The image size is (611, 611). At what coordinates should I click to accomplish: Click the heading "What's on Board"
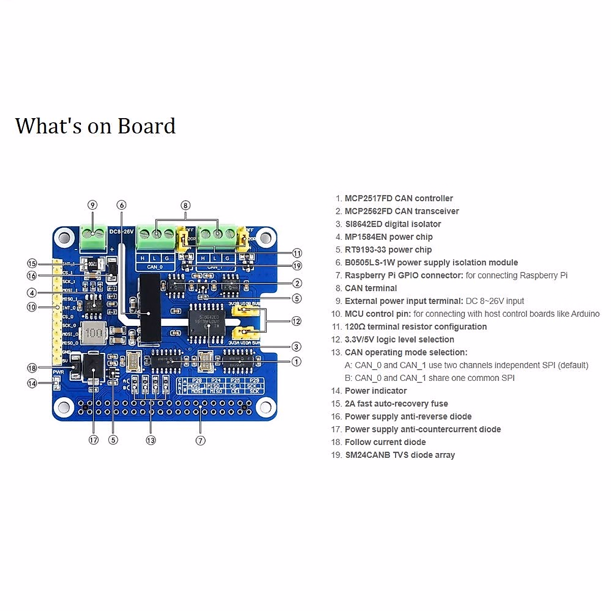coord(95,126)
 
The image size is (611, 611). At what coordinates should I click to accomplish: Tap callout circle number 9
coord(92,205)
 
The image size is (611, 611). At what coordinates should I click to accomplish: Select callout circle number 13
coord(151,440)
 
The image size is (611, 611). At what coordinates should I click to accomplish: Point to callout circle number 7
coord(201,440)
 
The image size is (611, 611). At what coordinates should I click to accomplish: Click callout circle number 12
coord(296,321)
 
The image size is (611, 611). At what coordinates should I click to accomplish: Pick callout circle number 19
coord(297,265)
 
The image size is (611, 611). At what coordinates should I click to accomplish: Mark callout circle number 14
coord(32,383)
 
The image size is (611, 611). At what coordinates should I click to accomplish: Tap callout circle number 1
coord(296,362)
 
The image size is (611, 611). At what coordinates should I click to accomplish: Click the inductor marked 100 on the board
coord(93,334)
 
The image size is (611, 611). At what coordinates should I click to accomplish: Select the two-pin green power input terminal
coord(93,234)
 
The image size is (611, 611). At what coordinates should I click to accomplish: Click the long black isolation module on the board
coord(150,307)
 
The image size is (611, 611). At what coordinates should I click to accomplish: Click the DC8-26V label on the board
coord(122,231)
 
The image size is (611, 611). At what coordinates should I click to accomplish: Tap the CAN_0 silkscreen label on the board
coord(155,267)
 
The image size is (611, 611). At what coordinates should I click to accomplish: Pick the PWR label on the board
coord(58,372)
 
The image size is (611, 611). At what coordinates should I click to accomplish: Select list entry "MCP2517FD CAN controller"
coord(399,199)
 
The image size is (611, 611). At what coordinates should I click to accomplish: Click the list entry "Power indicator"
coord(376,391)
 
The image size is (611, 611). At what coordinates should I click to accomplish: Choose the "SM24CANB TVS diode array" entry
coord(400,455)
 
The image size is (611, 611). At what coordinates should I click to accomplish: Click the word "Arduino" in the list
coord(584,314)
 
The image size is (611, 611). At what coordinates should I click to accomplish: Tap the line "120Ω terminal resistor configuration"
coord(415,327)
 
